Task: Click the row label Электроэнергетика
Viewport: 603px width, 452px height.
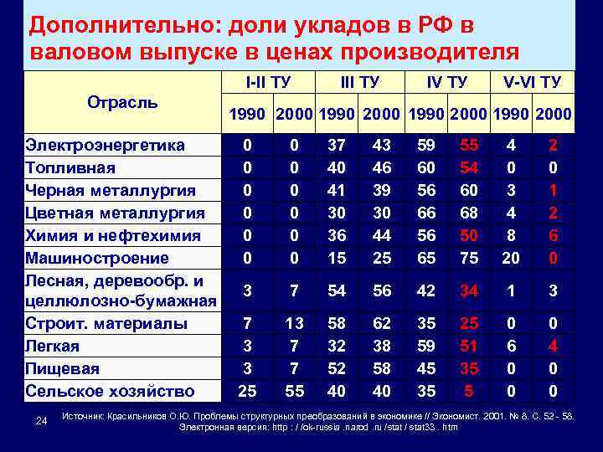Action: [x=105, y=145]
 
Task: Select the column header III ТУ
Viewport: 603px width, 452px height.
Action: [x=360, y=82]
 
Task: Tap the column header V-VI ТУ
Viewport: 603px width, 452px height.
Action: [x=532, y=82]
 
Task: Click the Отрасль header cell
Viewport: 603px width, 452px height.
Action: [x=122, y=101]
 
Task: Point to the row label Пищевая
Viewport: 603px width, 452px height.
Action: [x=62, y=368]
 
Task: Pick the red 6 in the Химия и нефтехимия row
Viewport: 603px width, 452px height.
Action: [x=554, y=236]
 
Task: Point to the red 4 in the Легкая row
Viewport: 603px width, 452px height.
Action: [x=554, y=346]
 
